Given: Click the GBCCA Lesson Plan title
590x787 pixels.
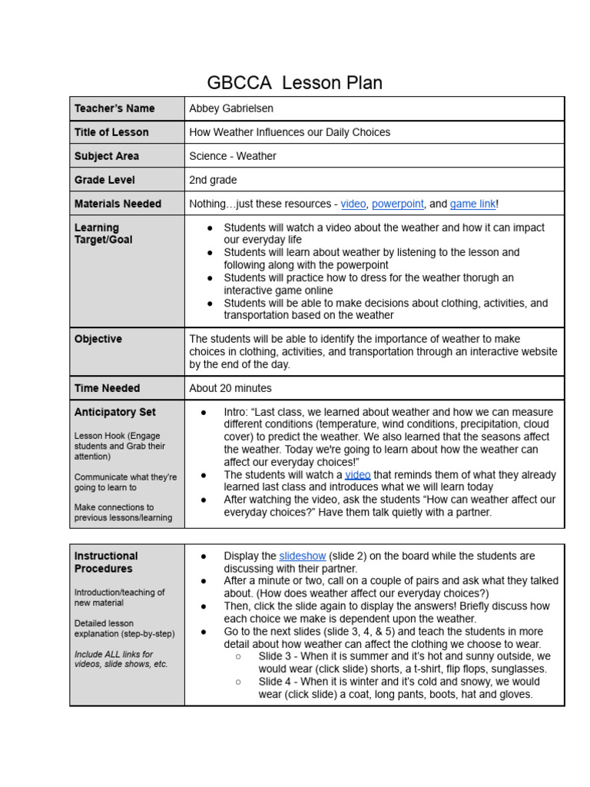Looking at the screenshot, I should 294,82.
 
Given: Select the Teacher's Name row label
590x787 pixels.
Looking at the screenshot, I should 114,108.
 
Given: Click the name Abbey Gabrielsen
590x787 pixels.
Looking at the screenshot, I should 231,108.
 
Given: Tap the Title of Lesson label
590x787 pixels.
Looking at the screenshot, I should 111,132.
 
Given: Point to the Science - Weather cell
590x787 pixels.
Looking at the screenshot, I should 233,156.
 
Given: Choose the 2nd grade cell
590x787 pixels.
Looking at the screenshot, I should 213,180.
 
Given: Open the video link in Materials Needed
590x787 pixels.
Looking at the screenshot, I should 353,204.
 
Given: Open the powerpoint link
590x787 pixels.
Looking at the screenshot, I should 397,204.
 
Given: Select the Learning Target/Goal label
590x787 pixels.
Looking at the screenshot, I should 103,234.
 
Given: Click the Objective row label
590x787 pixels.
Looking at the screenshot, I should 98,339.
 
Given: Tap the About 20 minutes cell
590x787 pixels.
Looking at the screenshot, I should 230,388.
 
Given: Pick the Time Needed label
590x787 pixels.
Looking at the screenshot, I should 107,388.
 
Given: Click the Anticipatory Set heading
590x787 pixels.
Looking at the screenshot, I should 114,412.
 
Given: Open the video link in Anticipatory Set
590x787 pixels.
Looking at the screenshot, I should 357,475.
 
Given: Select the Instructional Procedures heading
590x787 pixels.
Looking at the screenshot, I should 106,562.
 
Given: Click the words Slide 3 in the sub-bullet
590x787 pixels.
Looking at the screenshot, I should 273,656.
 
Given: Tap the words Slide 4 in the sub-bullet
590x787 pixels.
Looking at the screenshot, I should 273,682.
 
